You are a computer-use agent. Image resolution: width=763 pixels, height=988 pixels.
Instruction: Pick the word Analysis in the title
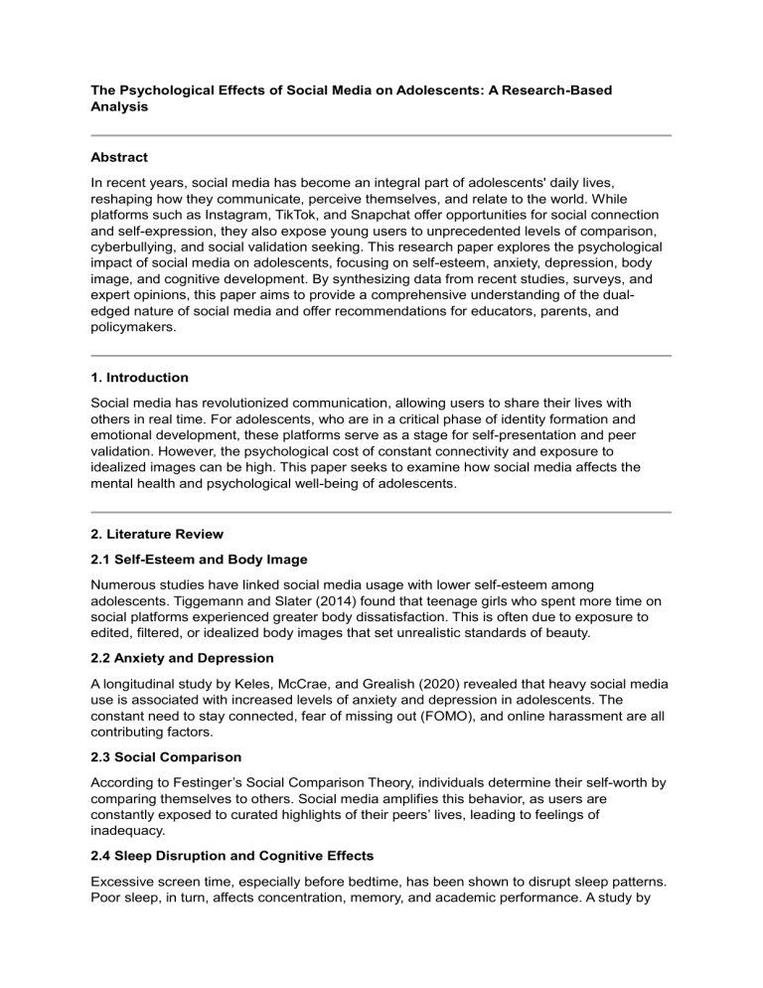coord(120,106)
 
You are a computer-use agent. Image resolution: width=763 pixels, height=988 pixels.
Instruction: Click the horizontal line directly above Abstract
coord(381,135)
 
